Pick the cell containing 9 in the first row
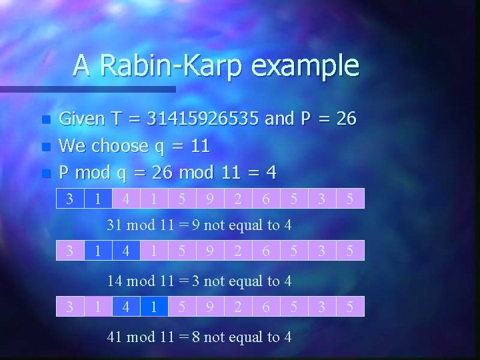(x=210, y=199)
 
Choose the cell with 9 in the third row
(x=210, y=307)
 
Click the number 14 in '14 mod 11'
(x=115, y=281)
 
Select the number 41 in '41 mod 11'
(x=115, y=337)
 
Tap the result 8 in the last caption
(x=196, y=337)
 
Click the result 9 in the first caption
(x=196, y=225)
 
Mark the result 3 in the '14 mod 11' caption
(x=196, y=281)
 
